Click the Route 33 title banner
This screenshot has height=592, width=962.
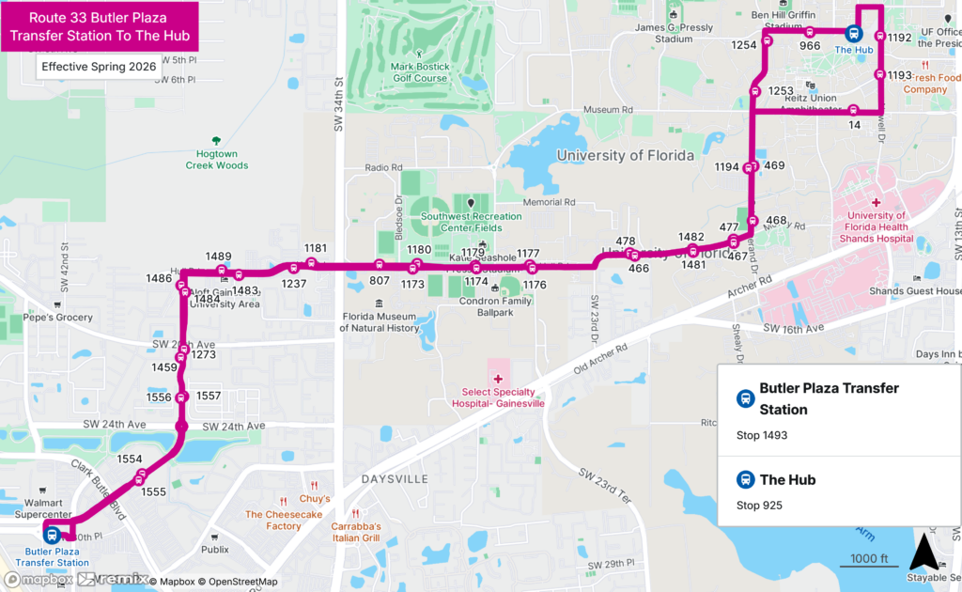[100, 27]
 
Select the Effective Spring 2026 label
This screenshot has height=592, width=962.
[99, 67]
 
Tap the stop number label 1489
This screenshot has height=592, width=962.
[218, 257]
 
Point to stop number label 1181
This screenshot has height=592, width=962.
[316, 248]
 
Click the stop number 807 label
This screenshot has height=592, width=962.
[380, 280]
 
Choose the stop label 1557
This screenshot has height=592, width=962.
[209, 396]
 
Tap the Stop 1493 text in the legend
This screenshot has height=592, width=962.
[762, 435]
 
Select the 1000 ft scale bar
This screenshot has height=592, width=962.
[869, 561]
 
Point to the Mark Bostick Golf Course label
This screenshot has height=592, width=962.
[420, 72]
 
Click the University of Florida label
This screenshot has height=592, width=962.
[625, 155]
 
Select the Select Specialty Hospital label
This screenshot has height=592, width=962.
[503, 397]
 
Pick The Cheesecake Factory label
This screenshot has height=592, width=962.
[283, 520]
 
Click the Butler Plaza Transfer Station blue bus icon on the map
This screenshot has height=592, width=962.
[52, 535]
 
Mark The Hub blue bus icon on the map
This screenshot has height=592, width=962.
[855, 33]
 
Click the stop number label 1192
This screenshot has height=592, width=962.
[899, 38]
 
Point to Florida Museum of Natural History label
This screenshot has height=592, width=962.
[379, 322]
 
